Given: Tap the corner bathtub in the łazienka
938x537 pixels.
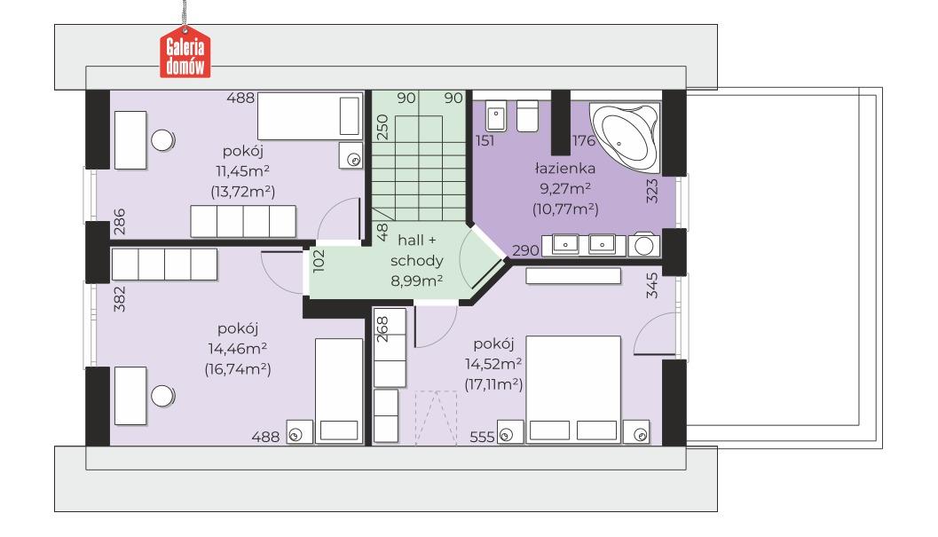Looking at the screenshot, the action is pyautogui.click(x=625, y=134).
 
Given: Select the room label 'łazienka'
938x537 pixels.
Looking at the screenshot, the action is pyautogui.click(x=564, y=169).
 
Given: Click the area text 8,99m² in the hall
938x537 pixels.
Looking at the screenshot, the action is pyautogui.click(x=417, y=280).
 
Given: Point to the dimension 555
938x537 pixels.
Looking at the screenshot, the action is pyautogui.click(x=482, y=437).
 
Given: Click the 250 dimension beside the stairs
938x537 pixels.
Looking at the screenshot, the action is pyautogui.click(x=382, y=127).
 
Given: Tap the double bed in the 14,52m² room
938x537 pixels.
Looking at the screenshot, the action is pyautogui.click(x=573, y=389).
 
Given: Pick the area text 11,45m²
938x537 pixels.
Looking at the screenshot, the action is pyautogui.click(x=242, y=171).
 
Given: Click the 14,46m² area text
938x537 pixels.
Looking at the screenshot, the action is pyautogui.click(x=238, y=349).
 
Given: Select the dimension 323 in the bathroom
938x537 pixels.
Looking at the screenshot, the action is pyautogui.click(x=652, y=191).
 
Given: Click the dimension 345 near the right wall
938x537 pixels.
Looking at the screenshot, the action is pyautogui.click(x=652, y=286).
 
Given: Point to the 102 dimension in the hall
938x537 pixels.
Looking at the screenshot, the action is pyautogui.click(x=319, y=261).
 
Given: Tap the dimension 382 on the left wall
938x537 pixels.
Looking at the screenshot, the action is pyautogui.click(x=120, y=299).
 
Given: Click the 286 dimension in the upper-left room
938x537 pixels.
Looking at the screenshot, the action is pyautogui.click(x=120, y=221).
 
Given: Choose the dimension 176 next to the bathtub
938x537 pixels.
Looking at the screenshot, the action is pyautogui.click(x=584, y=141).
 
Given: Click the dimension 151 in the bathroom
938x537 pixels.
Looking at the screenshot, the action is pyautogui.click(x=485, y=141).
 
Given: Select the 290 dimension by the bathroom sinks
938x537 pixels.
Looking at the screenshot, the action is pyautogui.click(x=526, y=250).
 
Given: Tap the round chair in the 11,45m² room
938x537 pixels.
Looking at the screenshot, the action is pyautogui.click(x=162, y=140).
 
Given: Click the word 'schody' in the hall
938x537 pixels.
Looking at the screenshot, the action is pyautogui.click(x=417, y=261).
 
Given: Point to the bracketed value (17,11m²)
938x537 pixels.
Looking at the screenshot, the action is pyautogui.click(x=493, y=384).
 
